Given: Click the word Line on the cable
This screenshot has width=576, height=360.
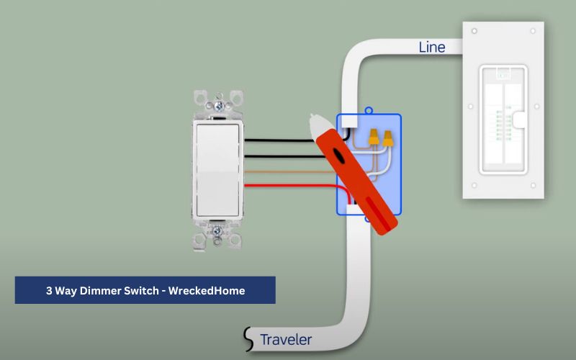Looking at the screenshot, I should click(432, 48).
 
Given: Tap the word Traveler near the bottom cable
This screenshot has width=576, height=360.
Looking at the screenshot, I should click(286, 339).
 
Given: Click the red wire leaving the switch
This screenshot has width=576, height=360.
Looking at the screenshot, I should click(288, 185).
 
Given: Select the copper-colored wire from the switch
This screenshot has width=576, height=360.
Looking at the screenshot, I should click(288, 171).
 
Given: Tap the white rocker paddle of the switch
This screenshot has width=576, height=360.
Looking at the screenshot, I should click(218, 169).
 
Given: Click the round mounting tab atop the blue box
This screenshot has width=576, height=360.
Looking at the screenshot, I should click(369, 111).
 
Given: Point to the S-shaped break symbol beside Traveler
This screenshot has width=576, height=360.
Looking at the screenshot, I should click(249, 338).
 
